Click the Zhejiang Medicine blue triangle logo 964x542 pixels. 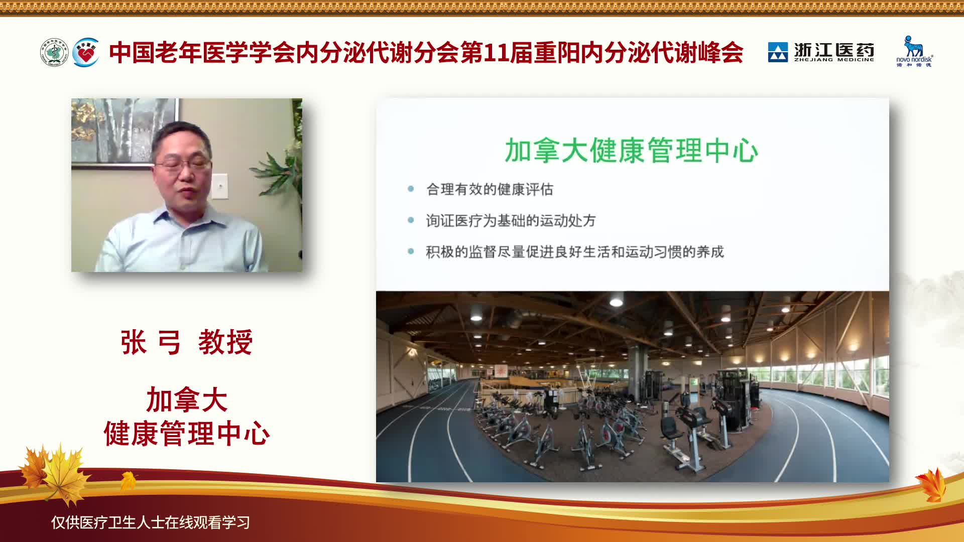pos(778,52)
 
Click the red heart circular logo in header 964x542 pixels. pos(86,52)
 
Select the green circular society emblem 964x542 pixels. pos(54,52)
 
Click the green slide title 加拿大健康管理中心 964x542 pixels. pos(631,150)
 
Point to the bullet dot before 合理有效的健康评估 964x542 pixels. pos(411,189)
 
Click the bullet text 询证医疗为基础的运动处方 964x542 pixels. pos(511,220)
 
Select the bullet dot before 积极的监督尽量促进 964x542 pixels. pos(411,251)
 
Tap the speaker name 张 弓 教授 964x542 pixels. pos(186,343)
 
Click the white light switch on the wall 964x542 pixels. pos(220,186)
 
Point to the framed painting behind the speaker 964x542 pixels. pos(125,131)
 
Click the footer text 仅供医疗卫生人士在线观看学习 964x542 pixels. pos(151,522)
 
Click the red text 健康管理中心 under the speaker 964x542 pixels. pos(187,434)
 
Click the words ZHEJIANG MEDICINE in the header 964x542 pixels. pos(834,60)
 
